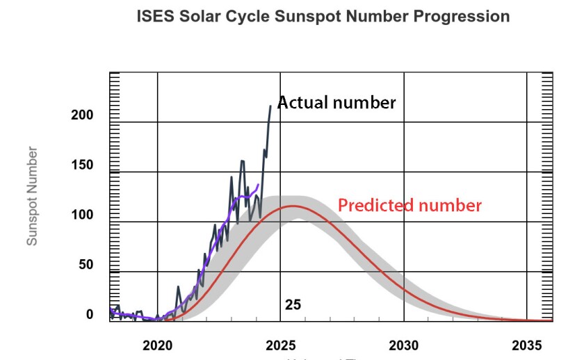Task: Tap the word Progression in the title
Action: pos(462,16)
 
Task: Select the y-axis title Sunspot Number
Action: pos(32,196)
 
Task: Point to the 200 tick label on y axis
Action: pos(81,115)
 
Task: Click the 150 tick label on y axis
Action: pos(81,165)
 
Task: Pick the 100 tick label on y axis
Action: pos(81,215)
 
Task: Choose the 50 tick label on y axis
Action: pos(84,265)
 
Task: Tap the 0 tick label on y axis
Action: pos(89,315)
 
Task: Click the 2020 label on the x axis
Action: pos(157,345)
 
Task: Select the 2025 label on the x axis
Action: pos(281,345)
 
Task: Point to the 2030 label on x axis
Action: pos(404,345)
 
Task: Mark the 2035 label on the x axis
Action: pos(527,345)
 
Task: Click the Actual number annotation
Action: pos(336,103)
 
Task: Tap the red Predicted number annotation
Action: pos(409,205)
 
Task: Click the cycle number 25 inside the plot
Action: pos(293,304)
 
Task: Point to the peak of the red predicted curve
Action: pos(293,206)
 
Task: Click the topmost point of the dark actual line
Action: pos(270,106)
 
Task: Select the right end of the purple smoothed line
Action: pos(259,184)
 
